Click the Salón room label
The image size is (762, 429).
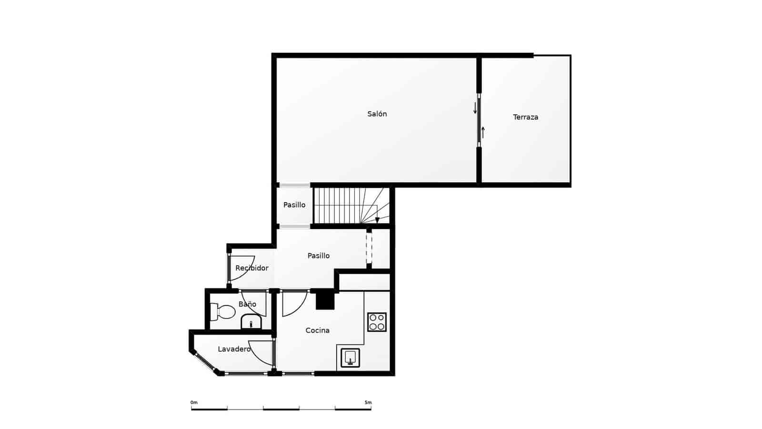coord(377,114)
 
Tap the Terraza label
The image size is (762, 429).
coord(525,117)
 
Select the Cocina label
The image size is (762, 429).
coord(317,330)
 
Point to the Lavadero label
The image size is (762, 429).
coord(234,349)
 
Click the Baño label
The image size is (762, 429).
coord(247,304)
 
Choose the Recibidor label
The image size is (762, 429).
coord(251,268)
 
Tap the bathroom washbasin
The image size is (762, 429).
coord(251,323)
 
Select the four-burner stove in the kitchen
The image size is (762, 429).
coord(377,322)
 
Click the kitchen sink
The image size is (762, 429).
coord(350,357)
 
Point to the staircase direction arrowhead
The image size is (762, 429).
coord(377,220)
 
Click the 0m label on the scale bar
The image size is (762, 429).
coord(194,403)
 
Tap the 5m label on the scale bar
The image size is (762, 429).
coord(368,403)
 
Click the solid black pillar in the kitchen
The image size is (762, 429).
coord(325,300)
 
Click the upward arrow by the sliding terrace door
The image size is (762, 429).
coord(483,132)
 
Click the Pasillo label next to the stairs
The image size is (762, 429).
coord(294,205)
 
